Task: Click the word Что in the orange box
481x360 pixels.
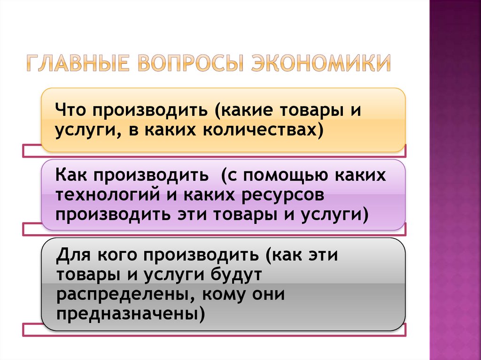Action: click(x=71, y=112)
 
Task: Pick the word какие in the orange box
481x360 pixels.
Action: click(x=248, y=112)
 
